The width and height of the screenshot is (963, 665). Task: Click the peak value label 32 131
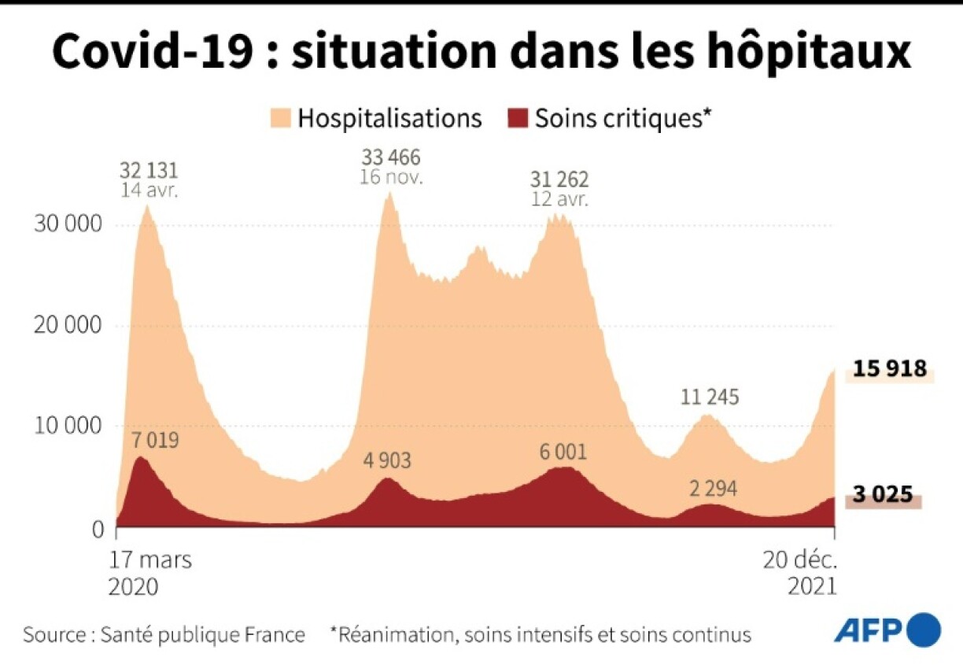coord(149,170)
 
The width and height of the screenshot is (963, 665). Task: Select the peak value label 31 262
coord(559,179)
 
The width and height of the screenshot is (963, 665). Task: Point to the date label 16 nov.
coord(391,177)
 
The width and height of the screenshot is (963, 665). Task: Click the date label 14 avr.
coord(149,190)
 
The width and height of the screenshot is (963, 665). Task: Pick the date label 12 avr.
coord(559,200)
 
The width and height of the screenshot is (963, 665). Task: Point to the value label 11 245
coord(710,397)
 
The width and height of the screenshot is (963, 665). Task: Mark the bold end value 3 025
coord(883,495)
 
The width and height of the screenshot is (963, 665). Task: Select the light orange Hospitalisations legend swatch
coord(280,119)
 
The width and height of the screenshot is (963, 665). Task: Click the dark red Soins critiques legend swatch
coord(517,119)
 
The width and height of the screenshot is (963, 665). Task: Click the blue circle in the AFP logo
coord(924,630)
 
